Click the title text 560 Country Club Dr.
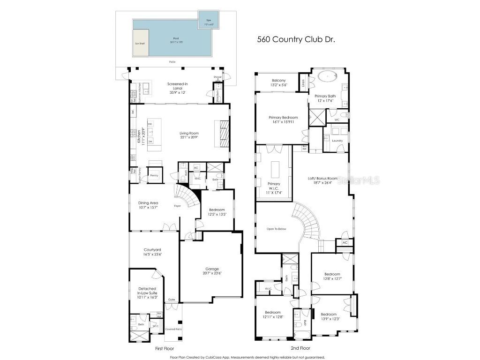(x=296, y=40)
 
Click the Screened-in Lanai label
(x=178, y=87)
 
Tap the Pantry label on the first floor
(x=154, y=175)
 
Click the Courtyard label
(x=152, y=252)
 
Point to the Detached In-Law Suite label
(x=148, y=293)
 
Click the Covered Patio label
(x=173, y=329)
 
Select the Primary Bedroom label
(x=283, y=120)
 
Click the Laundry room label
(x=337, y=141)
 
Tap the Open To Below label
(x=277, y=229)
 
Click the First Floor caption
(x=165, y=349)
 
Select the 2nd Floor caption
(x=300, y=349)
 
